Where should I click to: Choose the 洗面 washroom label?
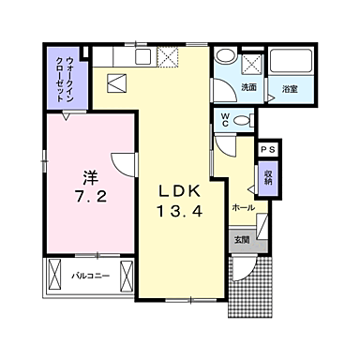(x=248, y=87)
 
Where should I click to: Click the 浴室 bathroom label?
(x=290, y=89)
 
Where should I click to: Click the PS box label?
(x=268, y=149)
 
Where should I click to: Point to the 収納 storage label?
(x=268, y=177)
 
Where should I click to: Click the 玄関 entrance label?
(x=242, y=240)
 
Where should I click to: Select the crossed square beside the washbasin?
(x=250, y=63)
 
